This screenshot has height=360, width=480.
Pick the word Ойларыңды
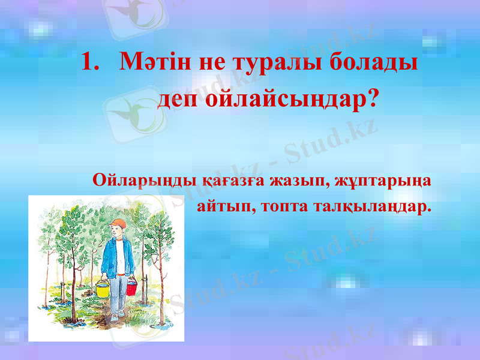coord(134,180)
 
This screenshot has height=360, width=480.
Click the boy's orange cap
coord(118,224)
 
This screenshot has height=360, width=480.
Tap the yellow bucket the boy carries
coord(103,290)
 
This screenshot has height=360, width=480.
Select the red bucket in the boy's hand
coord(131,287)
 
